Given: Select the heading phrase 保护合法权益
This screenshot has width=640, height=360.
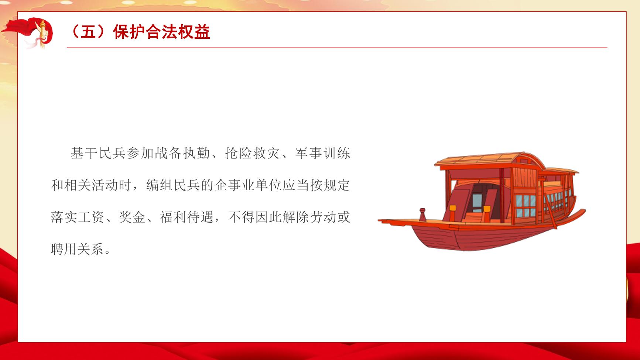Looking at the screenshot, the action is pos(162,32).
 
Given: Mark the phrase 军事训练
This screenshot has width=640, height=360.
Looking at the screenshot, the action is pos(322,153).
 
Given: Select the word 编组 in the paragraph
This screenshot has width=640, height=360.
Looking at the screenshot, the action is pos(160,185).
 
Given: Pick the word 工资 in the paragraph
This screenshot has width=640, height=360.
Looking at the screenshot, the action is pos(92,217).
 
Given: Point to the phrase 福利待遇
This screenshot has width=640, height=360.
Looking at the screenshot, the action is pos(187,217).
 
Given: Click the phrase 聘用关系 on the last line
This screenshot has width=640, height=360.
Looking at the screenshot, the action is pos(78,249).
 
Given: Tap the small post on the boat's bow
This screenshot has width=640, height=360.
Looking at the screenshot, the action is pos(422,215).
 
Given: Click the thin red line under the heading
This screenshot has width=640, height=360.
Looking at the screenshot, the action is pos(337,48).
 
